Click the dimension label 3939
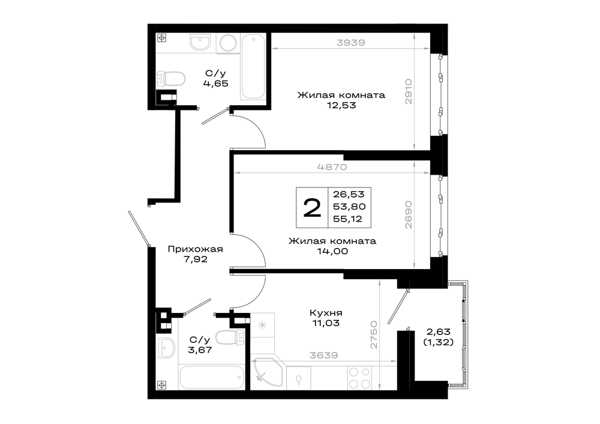pos(350,43)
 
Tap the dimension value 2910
pos(409,91)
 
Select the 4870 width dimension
pos(332,167)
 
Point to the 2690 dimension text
pos(409,214)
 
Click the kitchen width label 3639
pos(324,356)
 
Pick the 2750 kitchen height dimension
pos(374,335)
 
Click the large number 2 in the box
pos(312,208)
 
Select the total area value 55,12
pos(347,219)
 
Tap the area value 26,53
pos(349,194)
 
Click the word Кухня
pos(326,313)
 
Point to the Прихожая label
pos(195,250)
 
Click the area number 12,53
pos(341,105)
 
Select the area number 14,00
pos(332,251)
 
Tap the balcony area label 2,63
pos(439,332)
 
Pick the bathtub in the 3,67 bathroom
pos(212,377)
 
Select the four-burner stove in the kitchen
pos(359,378)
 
